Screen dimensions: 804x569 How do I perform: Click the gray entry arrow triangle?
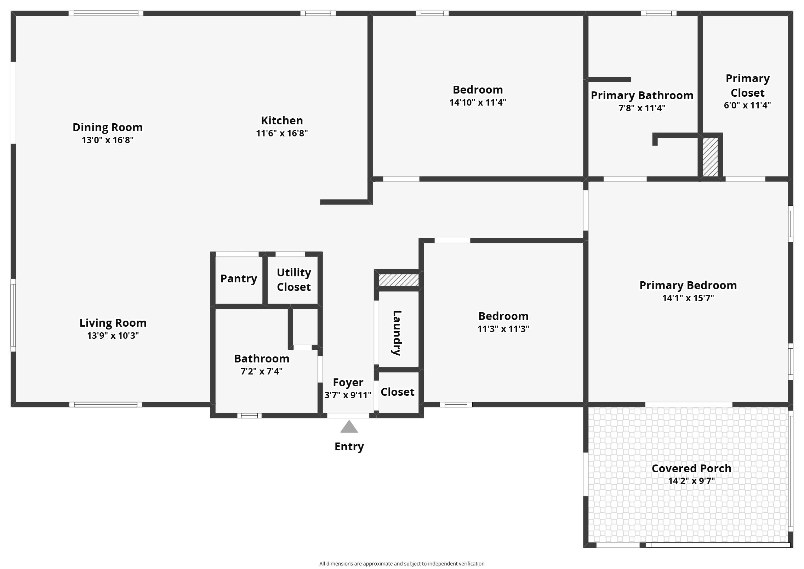coord(349,427)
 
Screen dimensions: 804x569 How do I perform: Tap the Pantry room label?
coord(239,279)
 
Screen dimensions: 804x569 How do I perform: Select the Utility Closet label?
coord(294,280)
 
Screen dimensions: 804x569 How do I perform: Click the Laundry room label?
coord(397,333)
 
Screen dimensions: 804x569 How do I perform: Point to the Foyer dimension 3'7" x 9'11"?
coord(348,395)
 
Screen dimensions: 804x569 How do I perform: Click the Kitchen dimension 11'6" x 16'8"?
coord(282,133)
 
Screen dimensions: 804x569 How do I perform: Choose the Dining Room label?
coord(108,127)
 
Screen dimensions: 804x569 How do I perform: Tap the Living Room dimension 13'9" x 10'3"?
coord(113,336)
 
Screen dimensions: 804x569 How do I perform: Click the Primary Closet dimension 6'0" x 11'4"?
coord(747,105)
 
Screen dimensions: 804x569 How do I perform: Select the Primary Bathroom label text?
coord(642,95)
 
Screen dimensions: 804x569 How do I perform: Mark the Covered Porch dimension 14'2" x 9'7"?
coord(691,481)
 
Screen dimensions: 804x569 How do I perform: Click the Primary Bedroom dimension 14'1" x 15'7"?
coord(688,298)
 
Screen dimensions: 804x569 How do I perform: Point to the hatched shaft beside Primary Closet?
coord(710,157)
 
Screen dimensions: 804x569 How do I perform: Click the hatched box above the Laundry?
coord(399,280)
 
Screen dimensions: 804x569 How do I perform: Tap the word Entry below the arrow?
coord(349,447)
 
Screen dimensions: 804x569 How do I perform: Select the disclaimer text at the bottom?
coord(402,564)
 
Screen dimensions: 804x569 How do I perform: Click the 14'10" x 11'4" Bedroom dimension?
coord(478,102)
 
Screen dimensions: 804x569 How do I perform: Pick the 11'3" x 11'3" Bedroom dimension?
coord(503,329)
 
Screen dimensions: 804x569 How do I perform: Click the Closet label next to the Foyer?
coord(397,392)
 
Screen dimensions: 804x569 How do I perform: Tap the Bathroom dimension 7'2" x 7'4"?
coord(262,371)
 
